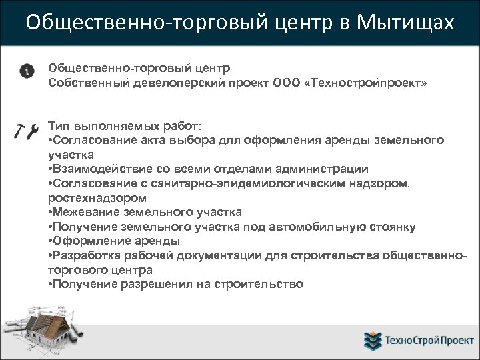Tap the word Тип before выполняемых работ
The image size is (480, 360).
(59, 126)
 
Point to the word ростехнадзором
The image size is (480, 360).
(97, 198)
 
